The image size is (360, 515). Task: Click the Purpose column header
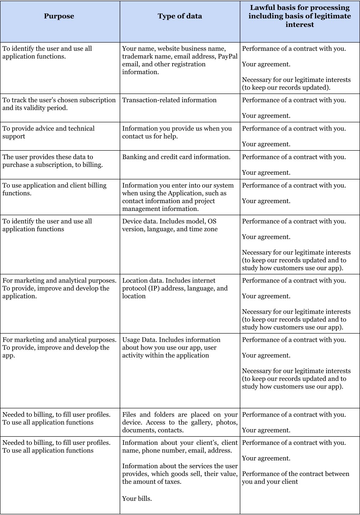(x=59, y=16)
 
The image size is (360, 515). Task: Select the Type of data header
(x=180, y=16)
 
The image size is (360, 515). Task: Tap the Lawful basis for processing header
(x=299, y=16)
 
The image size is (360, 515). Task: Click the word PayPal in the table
(x=227, y=56)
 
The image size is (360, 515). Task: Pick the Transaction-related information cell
(x=169, y=100)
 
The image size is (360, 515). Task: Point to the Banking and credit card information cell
(x=176, y=157)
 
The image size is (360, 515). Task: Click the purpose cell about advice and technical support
(x=49, y=132)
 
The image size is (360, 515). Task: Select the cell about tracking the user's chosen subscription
(x=59, y=104)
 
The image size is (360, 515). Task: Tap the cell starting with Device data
(x=170, y=225)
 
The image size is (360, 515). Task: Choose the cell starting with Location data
(x=175, y=288)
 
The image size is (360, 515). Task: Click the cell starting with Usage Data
(x=171, y=347)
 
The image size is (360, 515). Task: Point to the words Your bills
(x=137, y=499)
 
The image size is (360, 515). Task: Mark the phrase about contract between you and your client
(x=295, y=478)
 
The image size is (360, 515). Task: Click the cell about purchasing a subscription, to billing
(x=52, y=161)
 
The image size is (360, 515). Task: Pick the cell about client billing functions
(x=54, y=189)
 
